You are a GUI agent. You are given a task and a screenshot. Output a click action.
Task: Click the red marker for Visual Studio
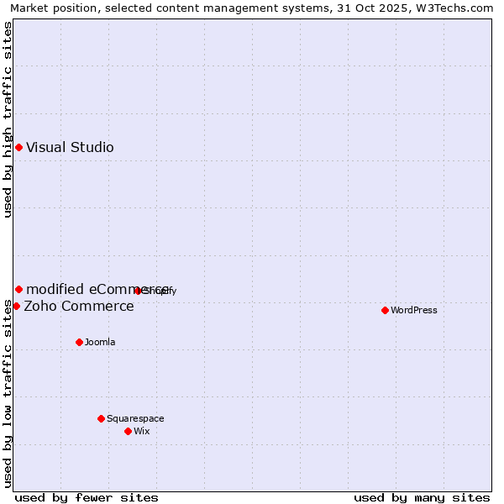tap(18, 148)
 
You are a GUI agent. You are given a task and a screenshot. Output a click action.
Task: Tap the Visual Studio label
tap(70, 148)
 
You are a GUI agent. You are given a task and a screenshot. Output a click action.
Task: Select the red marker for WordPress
tap(385, 310)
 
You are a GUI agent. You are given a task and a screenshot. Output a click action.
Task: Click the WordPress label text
tap(414, 310)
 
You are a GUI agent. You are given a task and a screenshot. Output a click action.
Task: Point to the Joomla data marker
tap(79, 342)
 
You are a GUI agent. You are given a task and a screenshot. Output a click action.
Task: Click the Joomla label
tap(100, 342)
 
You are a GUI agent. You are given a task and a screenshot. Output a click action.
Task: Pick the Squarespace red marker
tap(101, 418)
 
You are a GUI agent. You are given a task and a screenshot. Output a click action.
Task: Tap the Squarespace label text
tap(135, 418)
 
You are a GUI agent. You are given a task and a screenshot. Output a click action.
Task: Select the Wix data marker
tap(128, 431)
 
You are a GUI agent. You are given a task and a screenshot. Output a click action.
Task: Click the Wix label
tap(142, 431)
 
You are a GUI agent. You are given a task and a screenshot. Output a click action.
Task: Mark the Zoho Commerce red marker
tap(16, 306)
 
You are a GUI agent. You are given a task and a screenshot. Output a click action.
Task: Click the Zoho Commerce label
tap(79, 306)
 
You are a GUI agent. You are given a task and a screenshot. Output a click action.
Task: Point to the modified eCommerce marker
tap(18, 290)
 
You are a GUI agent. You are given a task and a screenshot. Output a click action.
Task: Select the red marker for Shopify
tap(138, 291)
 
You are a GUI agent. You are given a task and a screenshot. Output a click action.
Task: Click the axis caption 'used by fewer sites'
tap(87, 497)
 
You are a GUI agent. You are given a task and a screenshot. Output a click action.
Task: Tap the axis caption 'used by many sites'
tap(422, 497)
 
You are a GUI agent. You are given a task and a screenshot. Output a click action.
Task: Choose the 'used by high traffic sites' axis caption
tap(8, 119)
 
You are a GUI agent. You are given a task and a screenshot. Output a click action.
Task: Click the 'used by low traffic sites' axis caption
tap(8, 394)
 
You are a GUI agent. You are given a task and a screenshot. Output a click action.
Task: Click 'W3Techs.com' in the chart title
tap(452, 8)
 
